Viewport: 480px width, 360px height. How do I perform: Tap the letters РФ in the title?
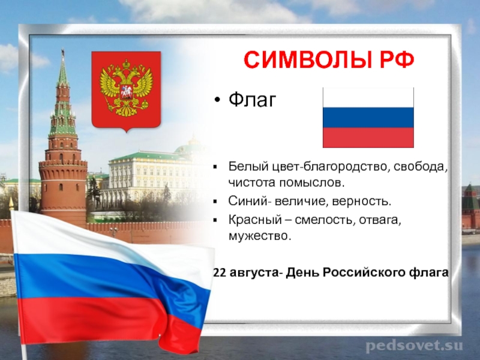click(x=397, y=59)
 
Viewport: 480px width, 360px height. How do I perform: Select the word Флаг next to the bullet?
click(x=252, y=100)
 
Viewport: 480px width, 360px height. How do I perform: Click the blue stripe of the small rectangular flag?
click(x=368, y=117)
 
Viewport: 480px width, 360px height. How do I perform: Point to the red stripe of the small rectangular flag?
click(x=368, y=137)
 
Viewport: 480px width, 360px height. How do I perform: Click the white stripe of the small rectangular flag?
click(x=368, y=97)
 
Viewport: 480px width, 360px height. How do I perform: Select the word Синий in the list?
click(x=247, y=201)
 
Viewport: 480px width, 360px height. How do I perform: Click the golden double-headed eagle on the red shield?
click(x=126, y=89)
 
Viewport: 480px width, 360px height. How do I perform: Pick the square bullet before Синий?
click(x=215, y=202)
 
